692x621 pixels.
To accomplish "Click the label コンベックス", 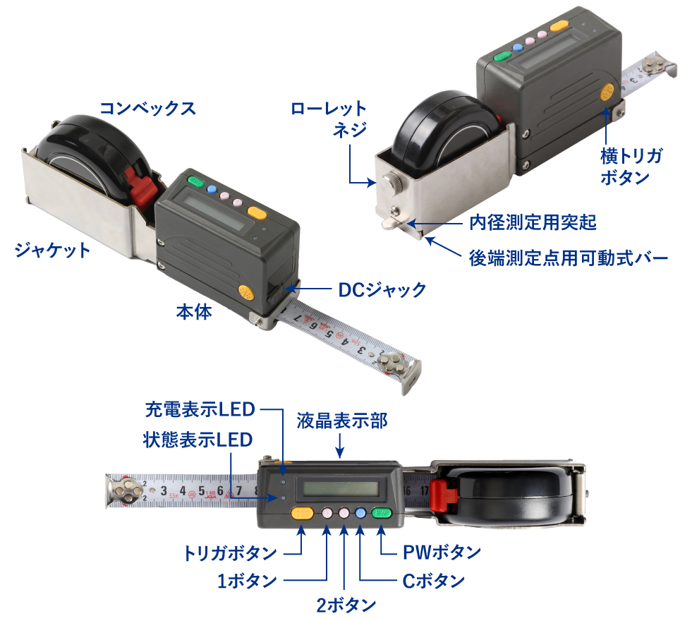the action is point(147,108).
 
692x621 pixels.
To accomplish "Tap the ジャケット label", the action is point(52,251).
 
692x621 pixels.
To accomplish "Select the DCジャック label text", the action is point(382,290).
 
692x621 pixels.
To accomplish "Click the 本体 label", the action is point(194,312).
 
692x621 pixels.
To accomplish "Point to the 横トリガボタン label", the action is point(631,167).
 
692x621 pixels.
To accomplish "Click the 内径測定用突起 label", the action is point(533,222).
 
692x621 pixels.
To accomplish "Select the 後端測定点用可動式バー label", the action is point(569,258).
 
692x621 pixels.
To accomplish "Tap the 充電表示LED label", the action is point(200,409).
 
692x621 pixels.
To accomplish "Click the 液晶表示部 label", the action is point(341,421).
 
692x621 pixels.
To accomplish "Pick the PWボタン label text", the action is point(442,552).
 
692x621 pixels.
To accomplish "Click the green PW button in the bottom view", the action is point(382,513).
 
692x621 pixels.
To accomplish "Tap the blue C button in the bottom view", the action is point(360,513).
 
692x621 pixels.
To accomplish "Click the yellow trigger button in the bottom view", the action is point(303,513).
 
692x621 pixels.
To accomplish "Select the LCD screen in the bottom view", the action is point(341,488).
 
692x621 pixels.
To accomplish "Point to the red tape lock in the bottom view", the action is point(444,493).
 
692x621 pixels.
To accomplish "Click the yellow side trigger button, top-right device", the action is point(607,92).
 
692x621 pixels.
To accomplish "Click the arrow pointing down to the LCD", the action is point(340,445).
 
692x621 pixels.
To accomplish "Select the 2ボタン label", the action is point(346,605).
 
